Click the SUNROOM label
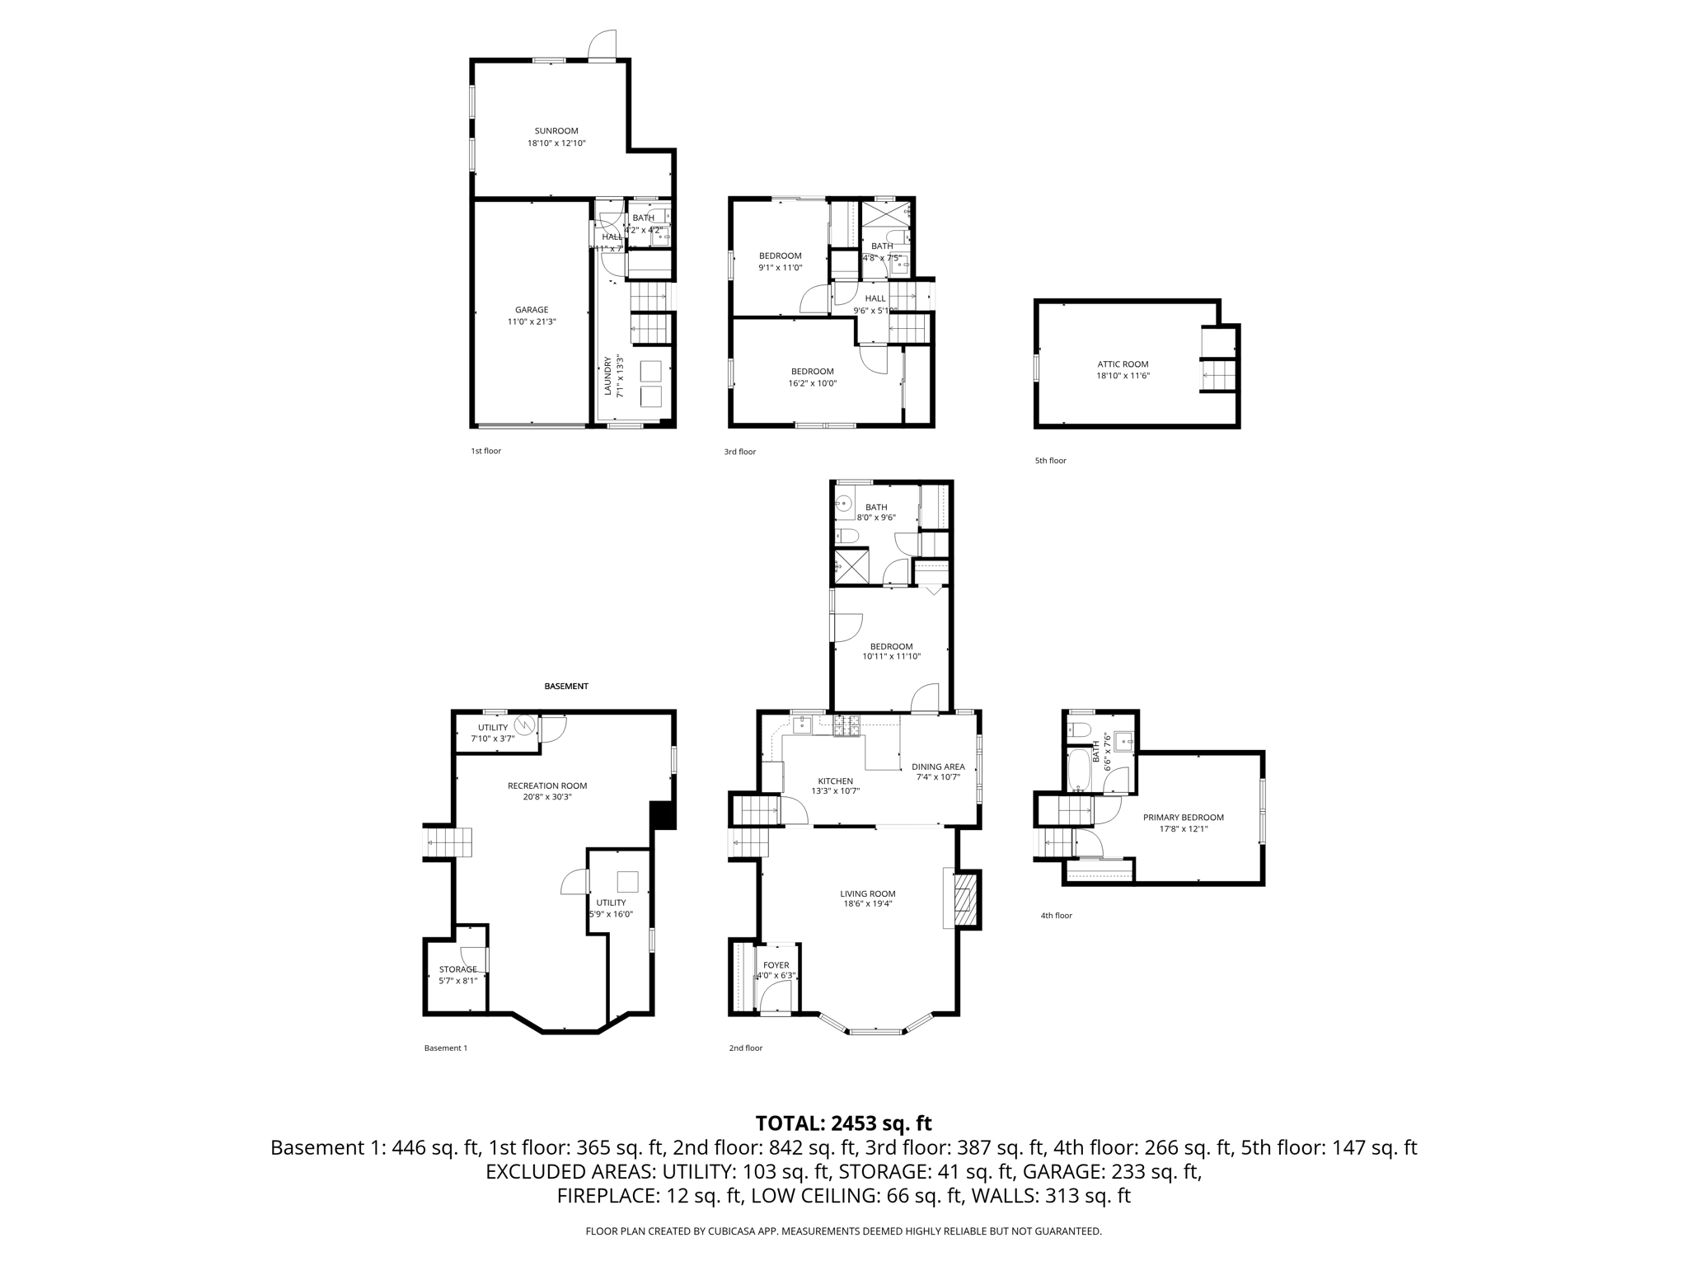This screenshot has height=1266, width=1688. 556,131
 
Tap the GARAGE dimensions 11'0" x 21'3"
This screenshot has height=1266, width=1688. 532,322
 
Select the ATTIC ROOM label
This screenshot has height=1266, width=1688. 1123,364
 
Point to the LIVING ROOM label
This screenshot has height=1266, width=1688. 867,893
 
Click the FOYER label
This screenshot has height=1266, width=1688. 776,965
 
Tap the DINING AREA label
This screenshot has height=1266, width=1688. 938,767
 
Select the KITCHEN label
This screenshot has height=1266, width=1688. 835,781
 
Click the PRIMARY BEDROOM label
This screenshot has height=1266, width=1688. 1183,818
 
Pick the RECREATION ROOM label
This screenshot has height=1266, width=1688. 547,785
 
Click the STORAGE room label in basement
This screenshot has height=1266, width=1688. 457,969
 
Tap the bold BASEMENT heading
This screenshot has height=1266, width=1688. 566,686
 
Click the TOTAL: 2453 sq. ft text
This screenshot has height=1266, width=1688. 843,1123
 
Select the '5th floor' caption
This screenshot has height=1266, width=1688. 1050,461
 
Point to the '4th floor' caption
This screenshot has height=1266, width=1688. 1056,916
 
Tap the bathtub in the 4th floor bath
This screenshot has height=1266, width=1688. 1078,769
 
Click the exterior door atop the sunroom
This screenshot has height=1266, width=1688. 603,46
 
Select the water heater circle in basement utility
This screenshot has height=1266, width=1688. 524,725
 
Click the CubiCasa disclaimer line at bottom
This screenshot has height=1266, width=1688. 843,1231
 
